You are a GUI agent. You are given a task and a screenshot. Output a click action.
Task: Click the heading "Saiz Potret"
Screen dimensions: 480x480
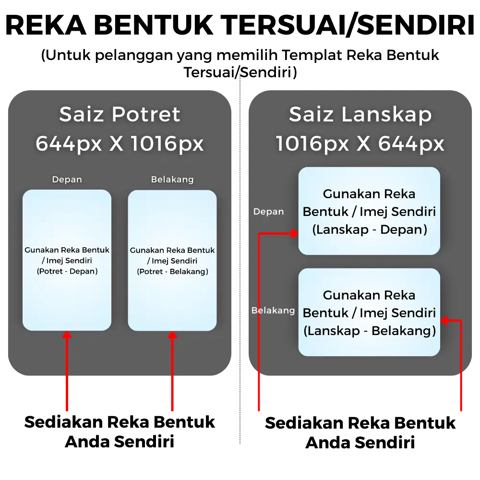pyautogui.click(x=120, y=115)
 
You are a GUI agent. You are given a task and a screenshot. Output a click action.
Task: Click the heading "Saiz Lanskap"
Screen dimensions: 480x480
pyautogui.click(x=360, y=115)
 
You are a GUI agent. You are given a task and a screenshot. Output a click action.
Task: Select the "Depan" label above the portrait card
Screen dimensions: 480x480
pyautogui.click(x=67, y=180)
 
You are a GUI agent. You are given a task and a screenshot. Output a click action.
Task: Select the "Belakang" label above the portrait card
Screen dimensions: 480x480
pyautogui.click(x=172, y=180)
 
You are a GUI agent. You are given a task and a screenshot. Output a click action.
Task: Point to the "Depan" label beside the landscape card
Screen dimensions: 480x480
pyautogui.click(x=268, y=212)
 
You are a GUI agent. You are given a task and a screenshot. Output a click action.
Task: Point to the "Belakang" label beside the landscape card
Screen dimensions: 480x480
pyautogui.click(x=273, y=311)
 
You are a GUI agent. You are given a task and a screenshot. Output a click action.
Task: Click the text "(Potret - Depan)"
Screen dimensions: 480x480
pyautogui.click(x=67, y=272)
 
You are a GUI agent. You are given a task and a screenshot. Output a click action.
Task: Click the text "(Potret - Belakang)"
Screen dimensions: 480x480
pyautogui.click(x=172, y=272)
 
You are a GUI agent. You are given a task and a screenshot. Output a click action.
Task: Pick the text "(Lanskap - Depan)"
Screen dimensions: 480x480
pyautogui.click(x=369, y=230)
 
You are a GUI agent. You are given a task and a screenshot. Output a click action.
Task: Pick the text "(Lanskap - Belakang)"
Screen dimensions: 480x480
pyautogui.click(x=369, y=331)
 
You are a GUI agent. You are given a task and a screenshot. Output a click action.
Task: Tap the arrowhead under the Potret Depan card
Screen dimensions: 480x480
pyautogui.click(x=67, y=334)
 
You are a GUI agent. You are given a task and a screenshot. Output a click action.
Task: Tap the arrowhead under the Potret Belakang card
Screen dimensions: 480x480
pyautogui.click(x=172, y=334)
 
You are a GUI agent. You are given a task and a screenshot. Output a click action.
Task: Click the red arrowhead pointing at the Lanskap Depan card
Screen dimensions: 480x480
pyautogui.click(x=294, y=234)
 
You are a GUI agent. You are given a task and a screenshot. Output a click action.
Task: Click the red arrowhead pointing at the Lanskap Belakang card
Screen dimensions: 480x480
pyautogui.click(x=444, y=320)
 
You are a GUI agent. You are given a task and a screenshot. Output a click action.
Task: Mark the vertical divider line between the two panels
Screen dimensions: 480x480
pyautogui.click(x=240, y=259)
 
